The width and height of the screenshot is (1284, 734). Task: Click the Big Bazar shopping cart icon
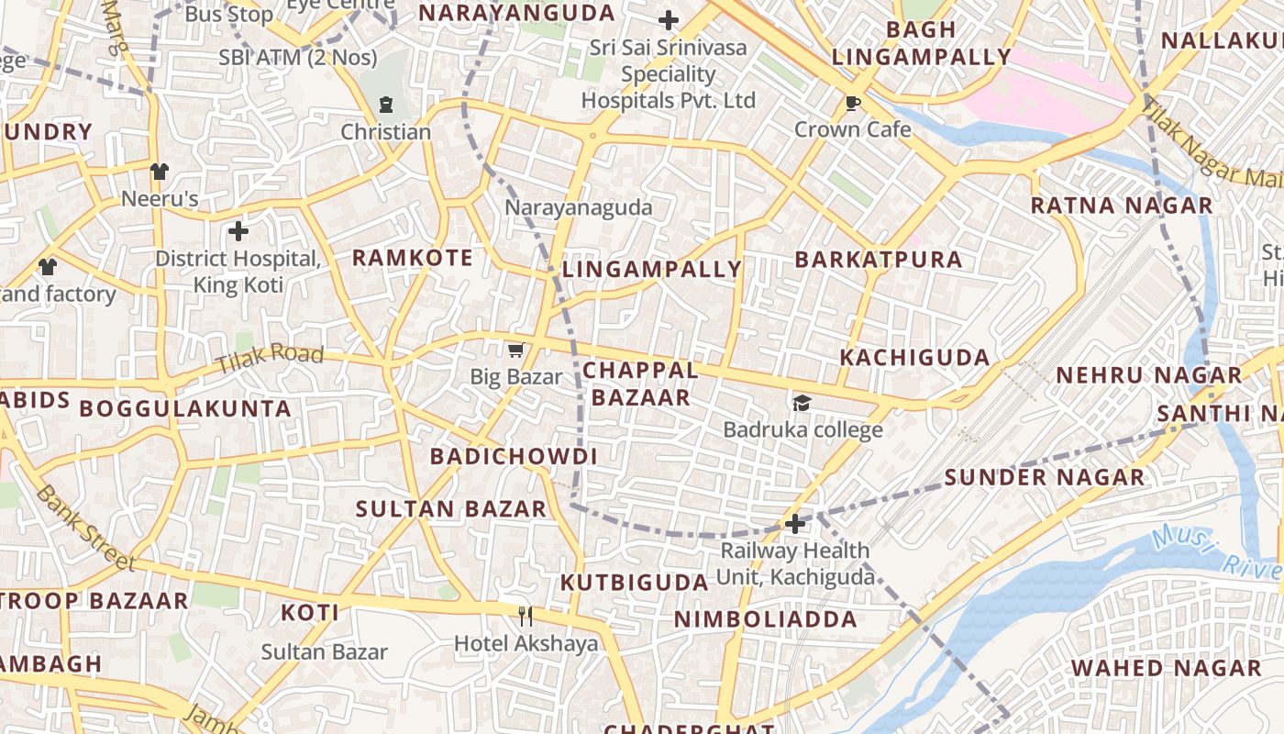tap(515, 350)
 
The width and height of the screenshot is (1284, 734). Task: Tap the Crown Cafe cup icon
tap(853, 103)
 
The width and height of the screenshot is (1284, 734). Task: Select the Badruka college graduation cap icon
tap(802, 403)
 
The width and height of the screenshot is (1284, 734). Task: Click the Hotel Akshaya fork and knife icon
tap(526, 616)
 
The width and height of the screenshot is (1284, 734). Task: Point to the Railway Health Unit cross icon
tap(794, 524)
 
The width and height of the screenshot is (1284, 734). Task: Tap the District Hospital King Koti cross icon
tap(238, 231)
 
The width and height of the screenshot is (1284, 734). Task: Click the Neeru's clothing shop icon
tap(160, 172)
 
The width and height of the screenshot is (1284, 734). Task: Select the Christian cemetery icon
tap(386, 105)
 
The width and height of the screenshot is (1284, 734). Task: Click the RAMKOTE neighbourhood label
tap(413, 258)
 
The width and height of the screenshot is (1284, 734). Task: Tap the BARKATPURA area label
tap(879, 260)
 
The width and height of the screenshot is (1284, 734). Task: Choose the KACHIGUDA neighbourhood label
tap(914, 357)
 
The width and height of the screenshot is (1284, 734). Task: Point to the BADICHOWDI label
tap(514, 456)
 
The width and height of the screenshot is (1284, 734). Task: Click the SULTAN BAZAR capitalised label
tap(450, 508)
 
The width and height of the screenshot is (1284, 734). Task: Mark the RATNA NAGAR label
tap(1121, 206)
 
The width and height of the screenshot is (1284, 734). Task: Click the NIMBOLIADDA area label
tap(765, 619)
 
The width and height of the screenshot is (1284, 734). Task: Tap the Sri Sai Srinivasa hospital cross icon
tap(669, 20)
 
